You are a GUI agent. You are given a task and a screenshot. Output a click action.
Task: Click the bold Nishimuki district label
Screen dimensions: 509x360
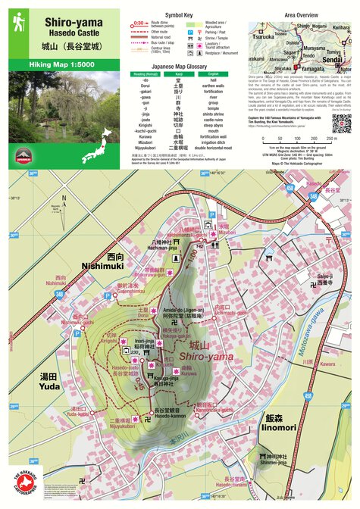point(104,266)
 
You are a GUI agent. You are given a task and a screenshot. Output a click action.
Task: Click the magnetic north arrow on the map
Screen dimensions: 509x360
point(64,205)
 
